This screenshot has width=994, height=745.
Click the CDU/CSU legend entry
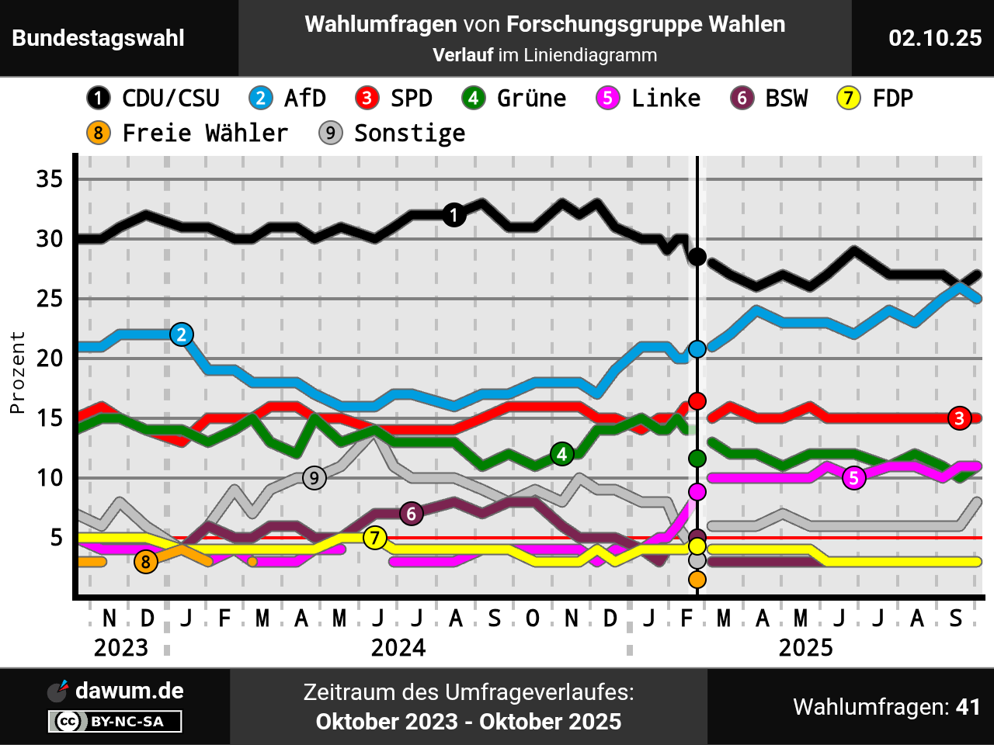[x=153, y=99]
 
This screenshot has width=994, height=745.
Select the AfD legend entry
[x=287, y=99]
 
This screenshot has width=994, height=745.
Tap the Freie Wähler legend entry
[x=187, y=133]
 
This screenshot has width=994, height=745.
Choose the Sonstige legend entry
[x=392, y=133]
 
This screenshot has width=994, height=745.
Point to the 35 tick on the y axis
[x=50, y=179]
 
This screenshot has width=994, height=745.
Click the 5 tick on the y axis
[x=57, y=538]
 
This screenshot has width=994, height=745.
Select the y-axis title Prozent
[x=17, y=372]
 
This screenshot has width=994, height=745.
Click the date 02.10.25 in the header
[x=935, y=38]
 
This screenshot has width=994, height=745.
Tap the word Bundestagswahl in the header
[x=99, y=38]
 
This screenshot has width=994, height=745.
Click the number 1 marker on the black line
[x=454, y=215]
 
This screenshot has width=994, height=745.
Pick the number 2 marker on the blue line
[x=182, y=334]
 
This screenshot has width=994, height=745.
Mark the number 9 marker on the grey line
[x=314, y=477]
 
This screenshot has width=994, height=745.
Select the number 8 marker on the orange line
[x=146, y=561]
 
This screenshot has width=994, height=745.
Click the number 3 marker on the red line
[x=960, y=418]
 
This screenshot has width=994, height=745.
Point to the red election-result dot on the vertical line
[x=697, y=401]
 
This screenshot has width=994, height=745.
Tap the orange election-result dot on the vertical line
[x=697, y=579]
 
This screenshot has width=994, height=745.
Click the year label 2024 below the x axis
[x=398, y=647]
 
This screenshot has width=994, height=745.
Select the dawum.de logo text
[x=129, y=691]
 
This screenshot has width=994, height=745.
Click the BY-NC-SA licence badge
[x=115, y=722]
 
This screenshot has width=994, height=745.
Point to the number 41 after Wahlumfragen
[x=968, y=707]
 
